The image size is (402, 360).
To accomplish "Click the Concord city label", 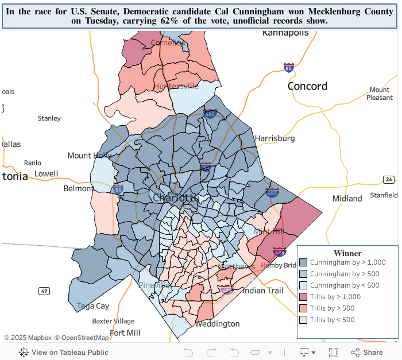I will [307, 86].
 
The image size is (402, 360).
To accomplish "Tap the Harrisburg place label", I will [275, 138].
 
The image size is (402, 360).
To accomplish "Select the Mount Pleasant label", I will [380, 94].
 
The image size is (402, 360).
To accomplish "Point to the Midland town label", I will [347, 199].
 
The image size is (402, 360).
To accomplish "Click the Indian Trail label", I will [262, 291].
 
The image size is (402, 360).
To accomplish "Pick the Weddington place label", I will [217, 324].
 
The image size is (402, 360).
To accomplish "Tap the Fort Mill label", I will [125, 333].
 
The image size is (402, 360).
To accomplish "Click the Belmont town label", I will [78, 188].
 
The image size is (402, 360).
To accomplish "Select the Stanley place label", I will [49, 118].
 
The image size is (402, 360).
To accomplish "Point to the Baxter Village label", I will [113, 321].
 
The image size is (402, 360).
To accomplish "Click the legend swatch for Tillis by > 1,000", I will [303, 297].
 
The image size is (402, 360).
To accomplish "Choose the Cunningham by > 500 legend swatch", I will [303, 274].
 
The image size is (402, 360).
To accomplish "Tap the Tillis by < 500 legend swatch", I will [303, 320].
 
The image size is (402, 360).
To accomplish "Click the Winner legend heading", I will [347, 253].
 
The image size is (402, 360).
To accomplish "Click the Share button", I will [366, 353].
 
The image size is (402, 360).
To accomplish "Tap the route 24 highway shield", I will [389, 180].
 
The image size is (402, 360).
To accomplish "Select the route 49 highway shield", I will [44, 291].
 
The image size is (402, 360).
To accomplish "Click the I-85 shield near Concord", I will [288, 68].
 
